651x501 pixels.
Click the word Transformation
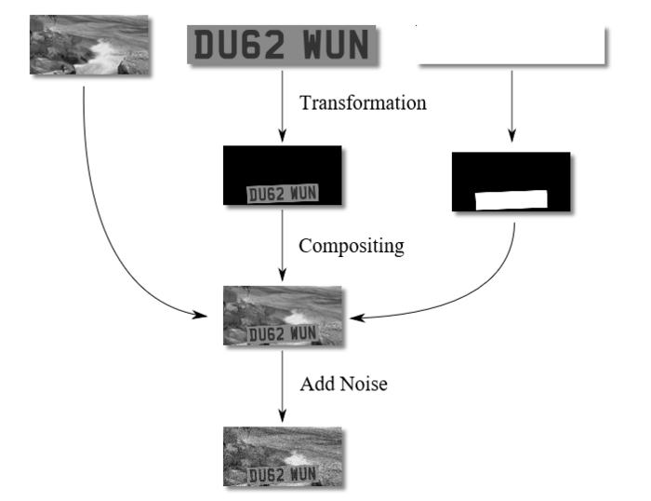pos(363,102)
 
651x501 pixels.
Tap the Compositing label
pos(352,246)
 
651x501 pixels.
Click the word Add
pos(317,384)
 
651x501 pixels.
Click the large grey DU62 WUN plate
pos(282,45)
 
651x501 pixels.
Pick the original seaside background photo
pos(89,45)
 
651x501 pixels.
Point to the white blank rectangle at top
pos(511,46)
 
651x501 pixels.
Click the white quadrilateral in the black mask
pos(511,200)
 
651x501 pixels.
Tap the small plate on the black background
pos(283,194)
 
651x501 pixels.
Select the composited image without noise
pos(283,316)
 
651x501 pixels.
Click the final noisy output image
pos(283,456)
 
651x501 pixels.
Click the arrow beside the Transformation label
pos(283,106)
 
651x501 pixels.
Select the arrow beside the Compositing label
pos(283,245)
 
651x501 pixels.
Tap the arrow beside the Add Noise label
pos(283,386)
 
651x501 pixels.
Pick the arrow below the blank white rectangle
pos(511,106)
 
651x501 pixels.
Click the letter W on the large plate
pos(316,45)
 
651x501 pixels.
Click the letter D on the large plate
pos(206,45)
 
